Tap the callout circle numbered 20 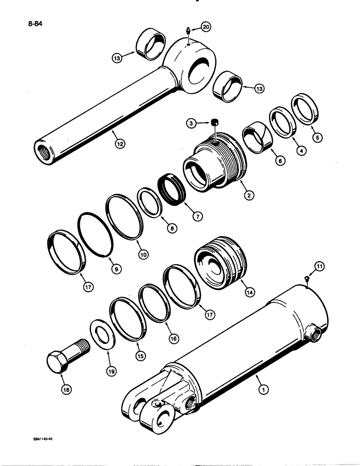[206, 27]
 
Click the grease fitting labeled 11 [306, 279]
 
